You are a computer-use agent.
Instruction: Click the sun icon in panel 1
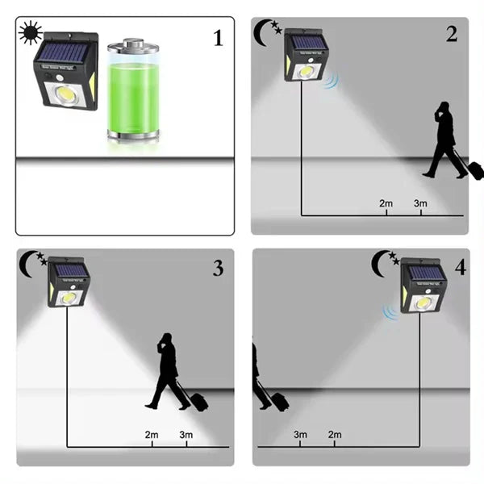pyautogui.click(x=31, y=32)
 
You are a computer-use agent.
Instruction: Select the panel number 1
pyautogui.click(x=219, y=38)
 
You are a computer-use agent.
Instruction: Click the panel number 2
pyautogui.click(x=452, y=34)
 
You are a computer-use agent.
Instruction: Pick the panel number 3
pyautogui.click(x=218, y=268)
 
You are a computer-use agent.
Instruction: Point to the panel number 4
pyautogui.click(x=461, y=267)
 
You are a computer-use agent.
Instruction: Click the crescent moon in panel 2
pyautogui.click(x=261, y=33)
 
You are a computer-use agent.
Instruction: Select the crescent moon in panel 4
pyautogui.click(x=379, y=264)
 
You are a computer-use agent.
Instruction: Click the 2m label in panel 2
pyautogui.click(x=386, y=203)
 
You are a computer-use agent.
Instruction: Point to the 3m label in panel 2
pyautogui.click(x=420, y=203)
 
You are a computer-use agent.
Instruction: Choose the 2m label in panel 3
pyautogui.click(x=152, y=435)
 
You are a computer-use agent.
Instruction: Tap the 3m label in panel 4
pyautogui.click(x=300, y=435)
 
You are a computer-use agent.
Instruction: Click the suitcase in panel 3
pyautogui.click(x=198, y=402)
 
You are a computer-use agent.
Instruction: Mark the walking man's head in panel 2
pyautogui.click(x=444, y=107)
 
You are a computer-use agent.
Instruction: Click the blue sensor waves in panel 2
pyautogui.click(x=332, y=80)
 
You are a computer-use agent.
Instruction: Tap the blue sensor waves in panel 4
pyautogui.click(x=390, y=312)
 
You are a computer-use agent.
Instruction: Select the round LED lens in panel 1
pyautogui.click(x=66, y=92)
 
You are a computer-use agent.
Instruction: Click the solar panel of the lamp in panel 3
pyautogui.click(x=71, y=269)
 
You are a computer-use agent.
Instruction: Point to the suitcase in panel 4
pyautogui.click(x=280, y=402)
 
